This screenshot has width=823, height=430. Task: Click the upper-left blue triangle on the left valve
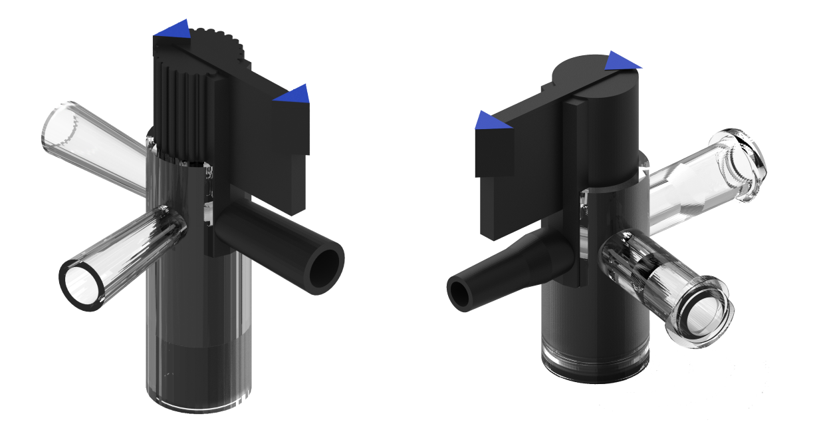pos(174,29)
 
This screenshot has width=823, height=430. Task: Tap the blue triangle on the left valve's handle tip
pos(294,95)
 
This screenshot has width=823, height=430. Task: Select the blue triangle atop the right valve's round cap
pos(621,61)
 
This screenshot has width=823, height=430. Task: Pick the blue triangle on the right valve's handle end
pos(491,122)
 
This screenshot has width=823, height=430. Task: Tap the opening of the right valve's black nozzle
pos(459,294)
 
